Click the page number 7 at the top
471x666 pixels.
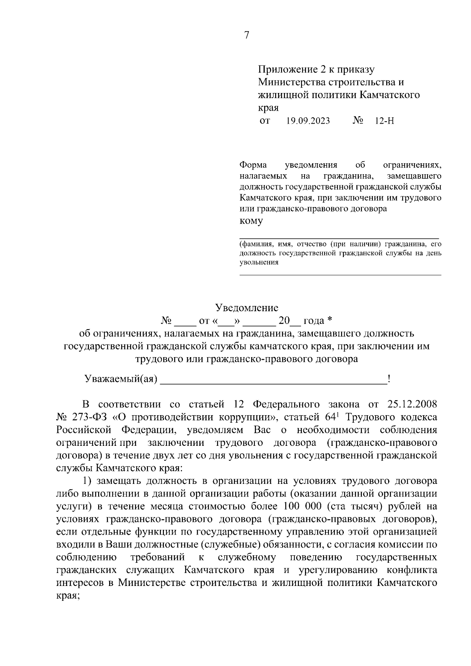246,35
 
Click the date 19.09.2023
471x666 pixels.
308,121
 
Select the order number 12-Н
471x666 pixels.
385,121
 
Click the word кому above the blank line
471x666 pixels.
251,221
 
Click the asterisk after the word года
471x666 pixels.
330,321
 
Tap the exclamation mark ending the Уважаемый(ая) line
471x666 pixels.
389,379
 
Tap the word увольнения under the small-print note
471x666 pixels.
259,263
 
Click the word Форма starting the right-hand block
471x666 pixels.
253,165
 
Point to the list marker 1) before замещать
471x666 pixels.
88,481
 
